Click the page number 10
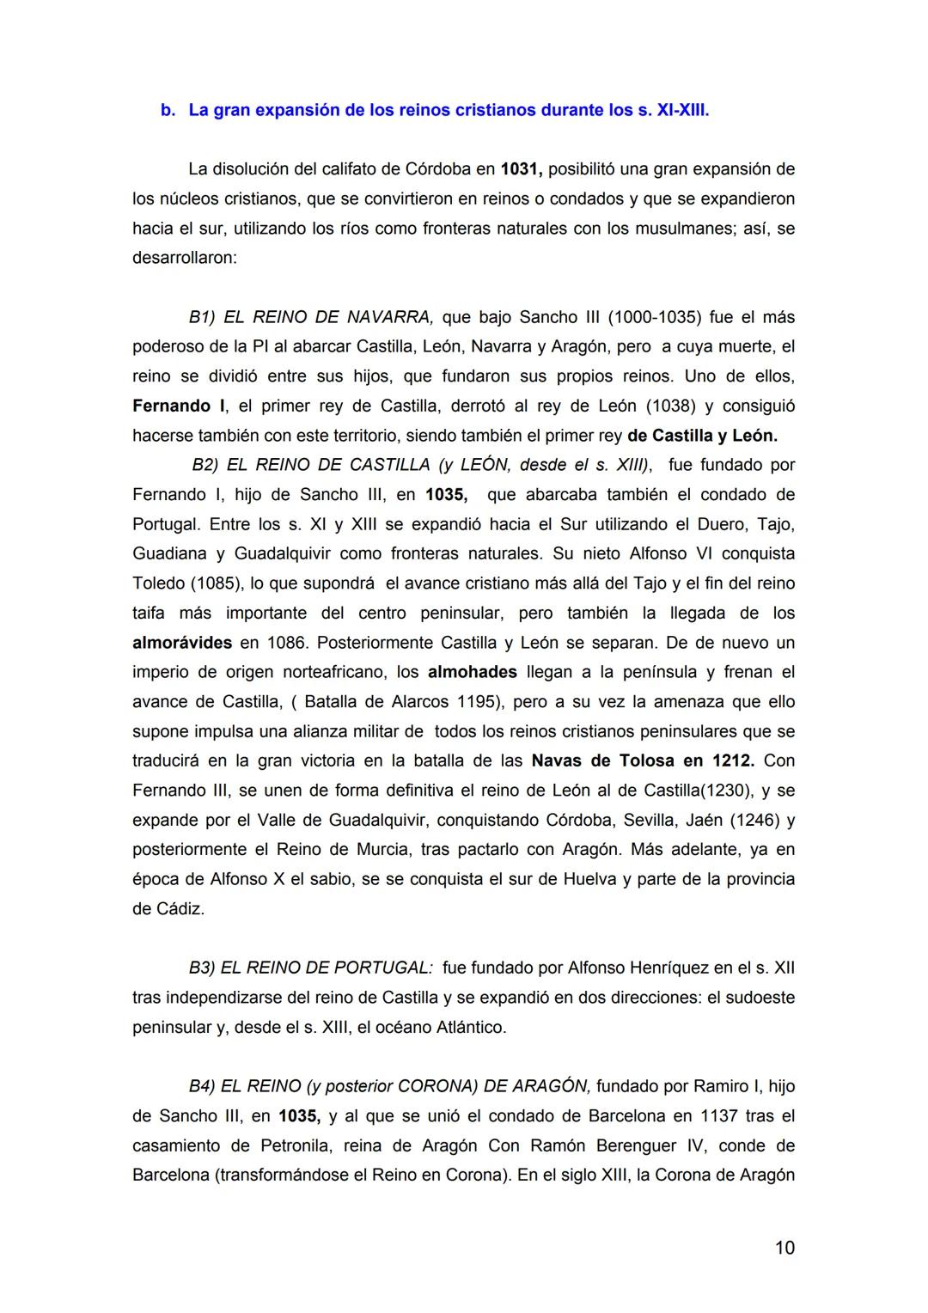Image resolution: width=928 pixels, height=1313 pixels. click(x=785, y=1248)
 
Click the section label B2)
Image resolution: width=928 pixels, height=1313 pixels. click(x=206, y=465)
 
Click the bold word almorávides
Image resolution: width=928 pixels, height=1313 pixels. click(x=182, y=643)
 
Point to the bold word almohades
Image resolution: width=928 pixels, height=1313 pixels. click(x=472, y=672)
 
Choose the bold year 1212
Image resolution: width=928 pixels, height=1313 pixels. click(x=733, y=761)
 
